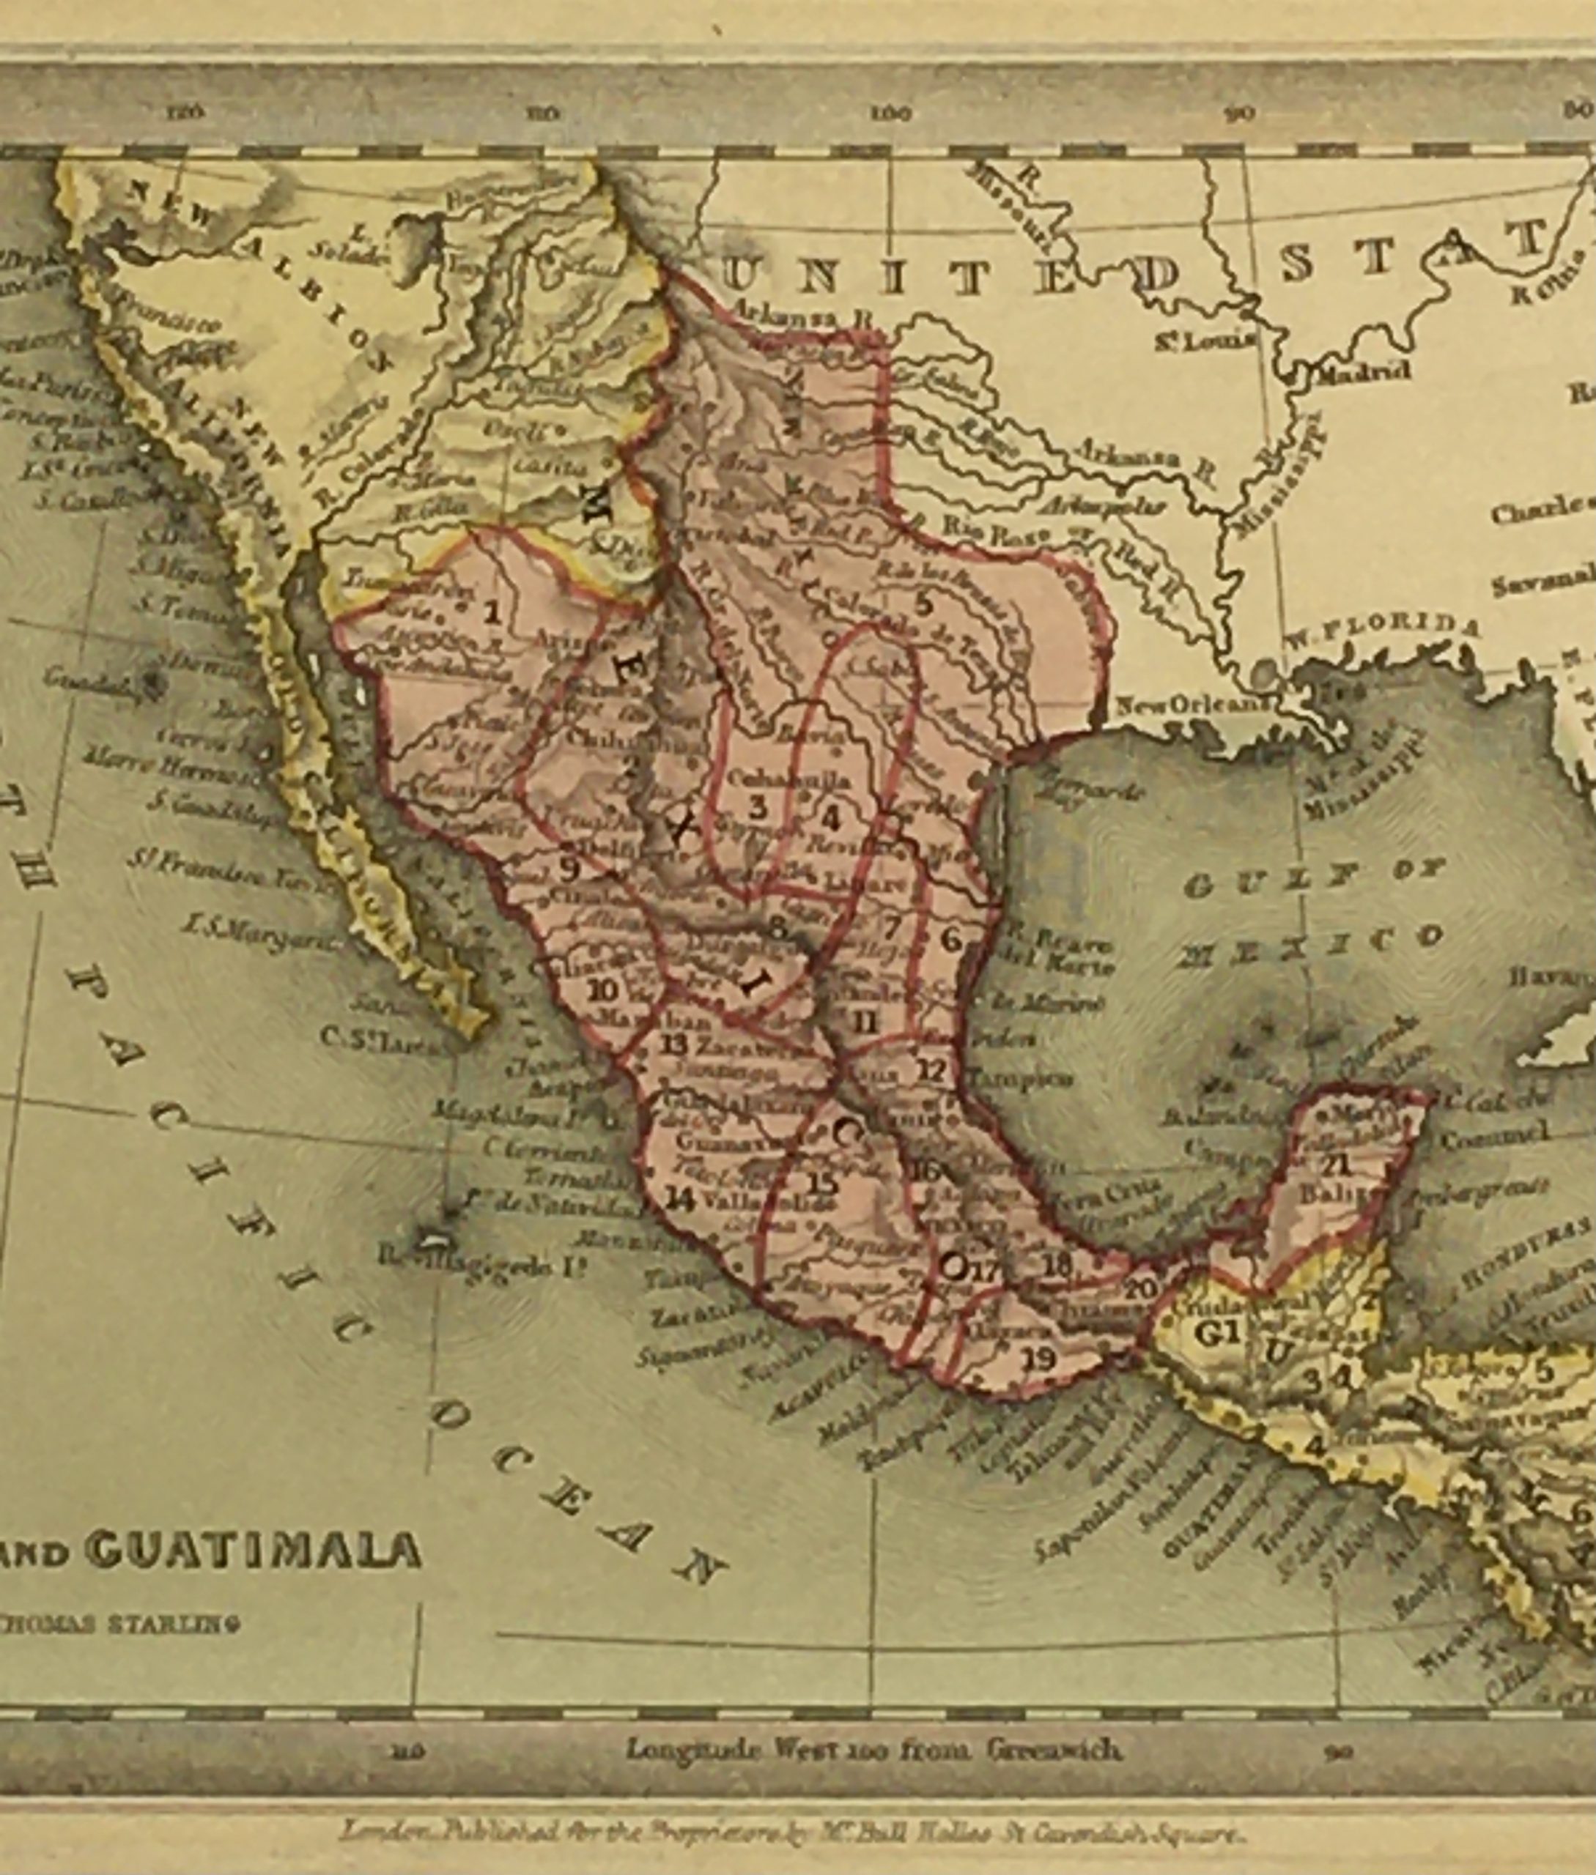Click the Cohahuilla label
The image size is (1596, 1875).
(x=790, y=780)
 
